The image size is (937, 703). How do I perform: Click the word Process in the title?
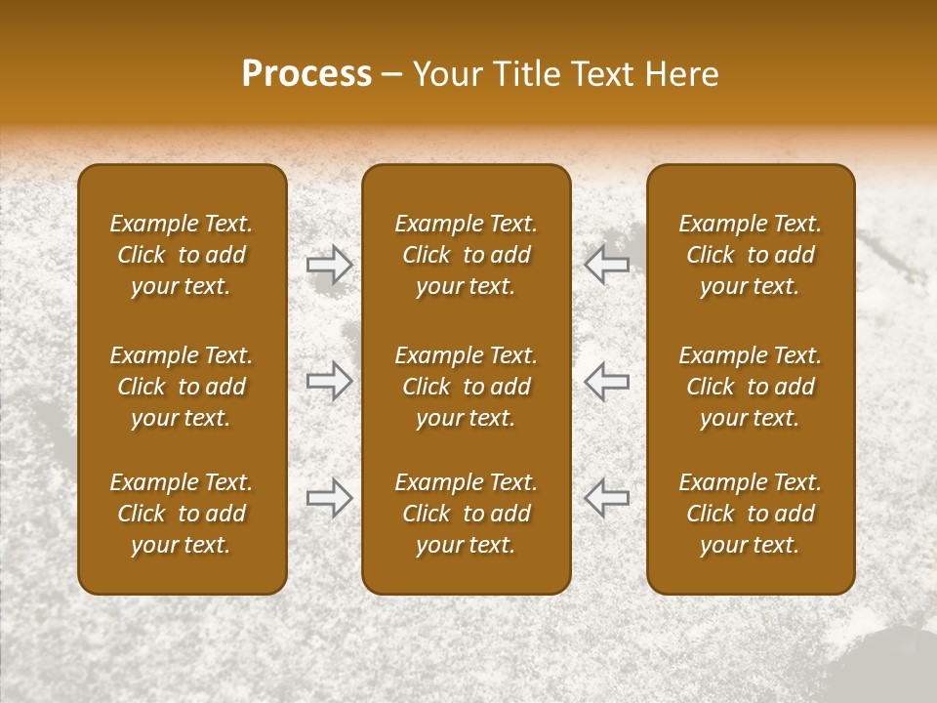pos(306,74)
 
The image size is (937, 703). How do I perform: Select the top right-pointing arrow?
pos(330,265)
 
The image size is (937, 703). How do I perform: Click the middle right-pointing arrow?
pos(330,381)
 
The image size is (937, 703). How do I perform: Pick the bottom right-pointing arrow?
pos(330,497)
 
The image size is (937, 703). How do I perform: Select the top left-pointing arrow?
pos(606,265)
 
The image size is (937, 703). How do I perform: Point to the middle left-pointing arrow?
pos(606,381)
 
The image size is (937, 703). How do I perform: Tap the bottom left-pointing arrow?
pos(606,497)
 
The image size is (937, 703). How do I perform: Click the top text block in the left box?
pos(182,255)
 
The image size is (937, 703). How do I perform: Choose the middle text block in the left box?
pos(182,387)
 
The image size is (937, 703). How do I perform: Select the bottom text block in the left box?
pos(182,514)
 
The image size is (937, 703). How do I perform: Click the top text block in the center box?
pos(467,255)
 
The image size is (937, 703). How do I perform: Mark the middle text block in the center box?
pos(467,387)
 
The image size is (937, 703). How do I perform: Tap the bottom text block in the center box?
pos(467,514)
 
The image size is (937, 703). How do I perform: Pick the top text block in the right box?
pos(751,255)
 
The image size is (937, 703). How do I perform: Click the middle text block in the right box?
pos(751,387)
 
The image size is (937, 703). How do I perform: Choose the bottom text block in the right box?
pos(751,514)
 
